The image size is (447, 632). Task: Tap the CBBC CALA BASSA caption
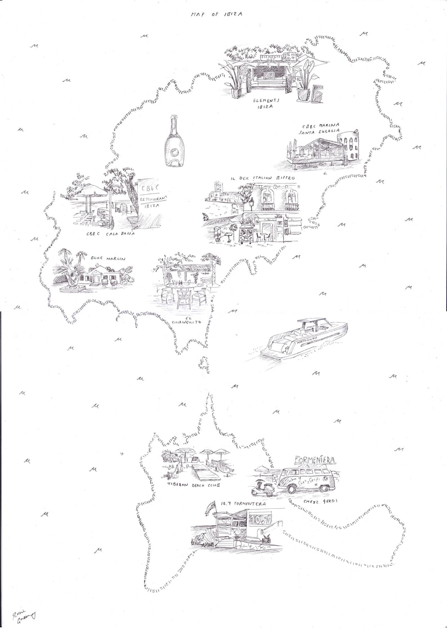click(110, 234)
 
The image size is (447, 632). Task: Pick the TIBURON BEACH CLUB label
click(193, 484)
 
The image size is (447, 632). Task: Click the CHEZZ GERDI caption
click(320, 501)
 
